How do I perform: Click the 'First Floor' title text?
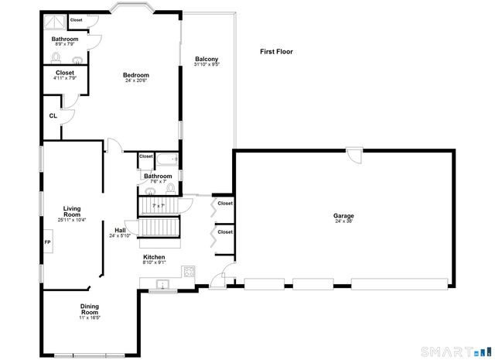click(x=276, y=52)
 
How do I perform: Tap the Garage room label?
click(x=343, y=216)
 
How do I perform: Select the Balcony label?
click(x=206, y=59)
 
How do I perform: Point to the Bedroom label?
click(x=136, y=75)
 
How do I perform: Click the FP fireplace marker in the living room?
click(x=47, y=242)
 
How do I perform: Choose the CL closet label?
click(x=53, y=116)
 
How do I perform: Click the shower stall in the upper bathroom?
click(x=55, y=22)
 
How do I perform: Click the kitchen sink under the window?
click(x=162, y=286)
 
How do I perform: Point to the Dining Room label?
click(x=90, y=310)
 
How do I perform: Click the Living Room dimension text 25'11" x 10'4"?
click(x=71, y=220)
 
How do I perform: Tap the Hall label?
click(x=120, y=230)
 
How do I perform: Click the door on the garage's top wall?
click(x=354, y=155)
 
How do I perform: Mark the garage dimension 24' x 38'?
click(x=343, y=222)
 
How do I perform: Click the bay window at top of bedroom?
click(x=133, y=9)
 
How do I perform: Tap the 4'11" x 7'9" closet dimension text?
click(x=65, y=78)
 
